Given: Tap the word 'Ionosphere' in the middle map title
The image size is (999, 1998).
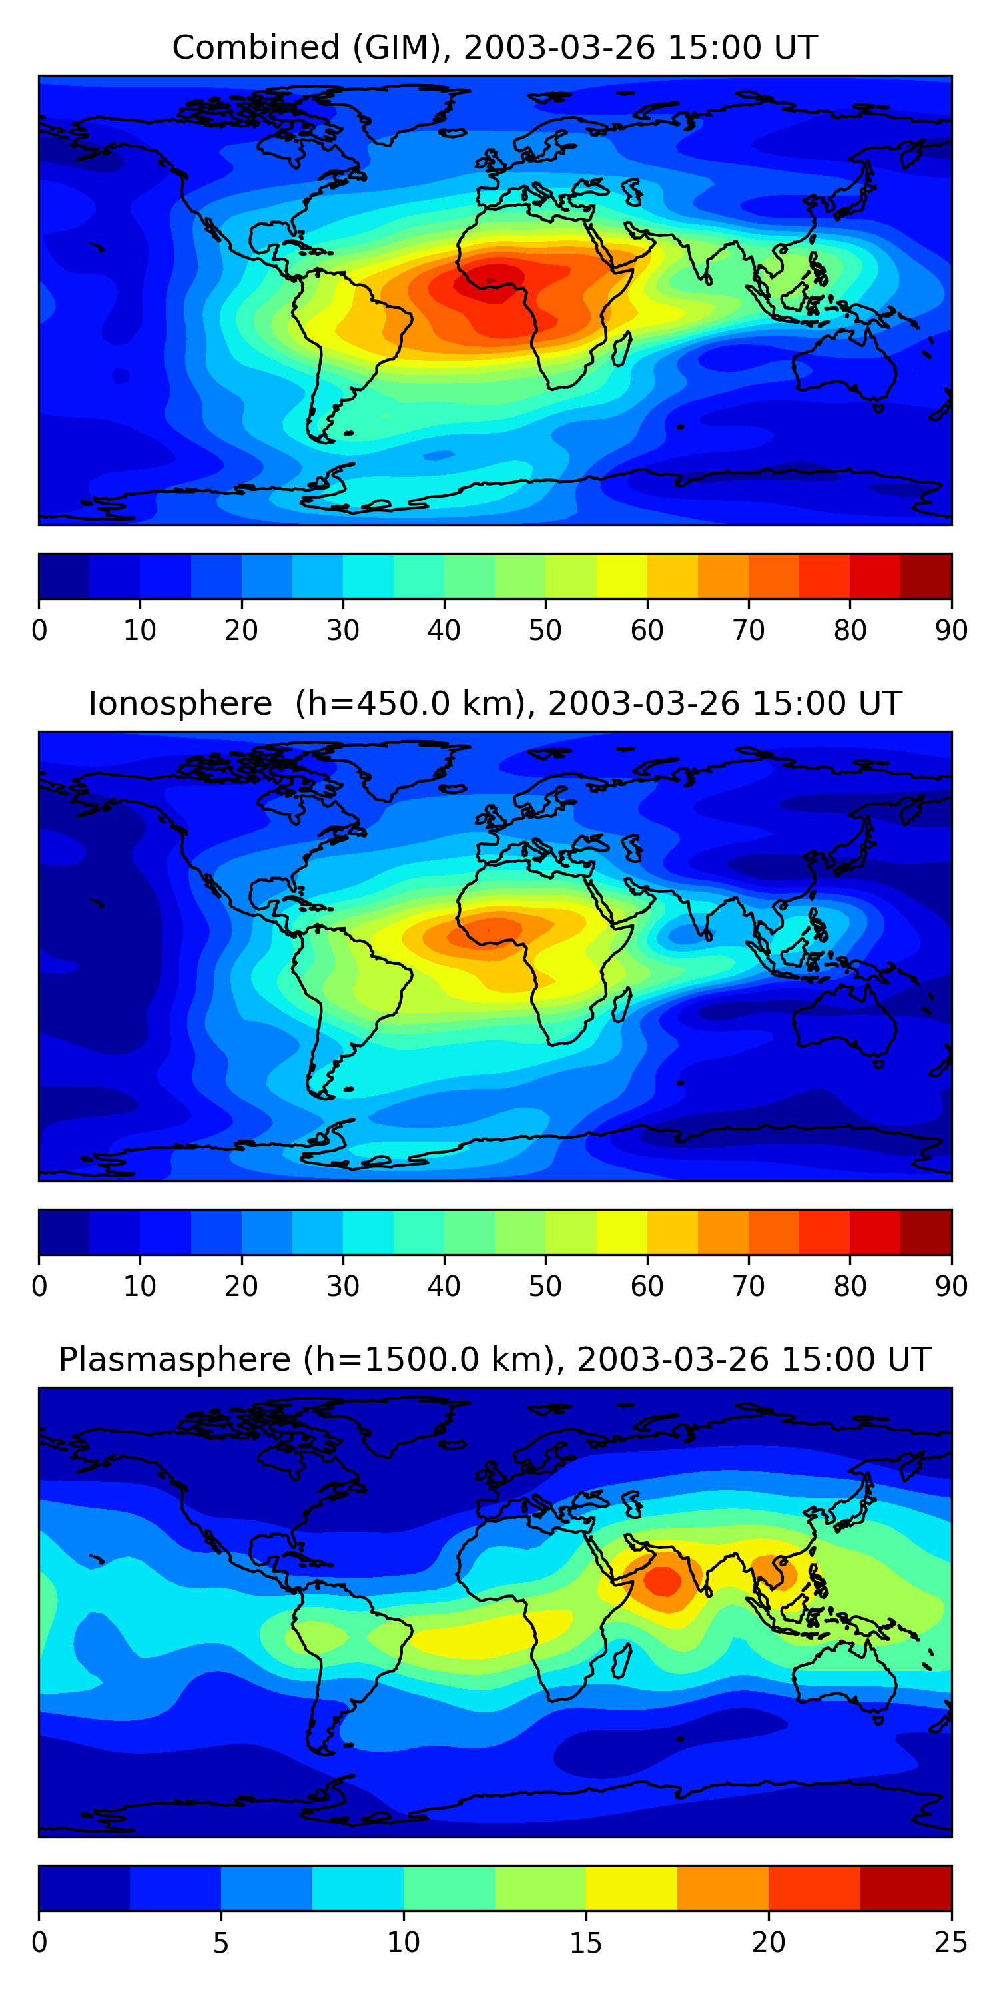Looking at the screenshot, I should pos(180,704).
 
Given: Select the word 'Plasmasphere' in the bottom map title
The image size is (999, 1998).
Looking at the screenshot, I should pos(174,1360).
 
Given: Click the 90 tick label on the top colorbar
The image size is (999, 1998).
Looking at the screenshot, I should pos(951,631).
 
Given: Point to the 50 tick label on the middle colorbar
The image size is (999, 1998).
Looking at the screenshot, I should pos(545,1287).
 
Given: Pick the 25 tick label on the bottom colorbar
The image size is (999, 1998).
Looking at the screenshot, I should pos(951,1942).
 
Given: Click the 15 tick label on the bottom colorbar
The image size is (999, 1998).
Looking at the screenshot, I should pos(585,1942).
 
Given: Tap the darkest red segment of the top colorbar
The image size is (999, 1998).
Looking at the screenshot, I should pos(926,576).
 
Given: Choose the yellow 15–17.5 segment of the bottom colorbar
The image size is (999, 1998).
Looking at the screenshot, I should pos(631,1888).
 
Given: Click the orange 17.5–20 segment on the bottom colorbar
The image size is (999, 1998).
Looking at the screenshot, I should pos(723,1888).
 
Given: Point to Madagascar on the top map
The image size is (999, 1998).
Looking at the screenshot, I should pos(621,349).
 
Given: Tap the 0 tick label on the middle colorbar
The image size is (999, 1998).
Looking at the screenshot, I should pos(39,1287).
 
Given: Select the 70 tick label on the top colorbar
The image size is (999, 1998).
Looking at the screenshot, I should pos(749,631).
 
